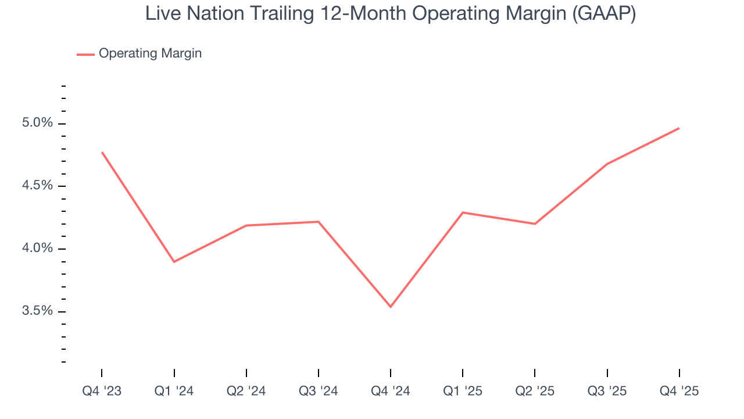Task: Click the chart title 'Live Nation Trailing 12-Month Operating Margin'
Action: [390, 14]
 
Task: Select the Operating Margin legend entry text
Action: [150, 54]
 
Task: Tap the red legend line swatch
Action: [85, 54]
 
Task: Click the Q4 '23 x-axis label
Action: [102, 391]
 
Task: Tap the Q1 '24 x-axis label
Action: [174, 391]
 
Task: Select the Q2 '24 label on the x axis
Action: [246, 391]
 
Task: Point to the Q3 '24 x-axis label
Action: [318, 391]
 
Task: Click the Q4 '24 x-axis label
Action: [390, 391]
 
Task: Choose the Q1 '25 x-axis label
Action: [462, 391]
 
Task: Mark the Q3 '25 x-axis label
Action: [607, 391]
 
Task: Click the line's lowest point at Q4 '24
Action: [390, 307]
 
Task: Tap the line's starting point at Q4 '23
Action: [102, 152]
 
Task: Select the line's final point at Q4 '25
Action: [679, 128]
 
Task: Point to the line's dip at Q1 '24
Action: [174, 262]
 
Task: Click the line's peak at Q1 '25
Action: [462, 212]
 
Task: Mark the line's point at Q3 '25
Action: [607, 164]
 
